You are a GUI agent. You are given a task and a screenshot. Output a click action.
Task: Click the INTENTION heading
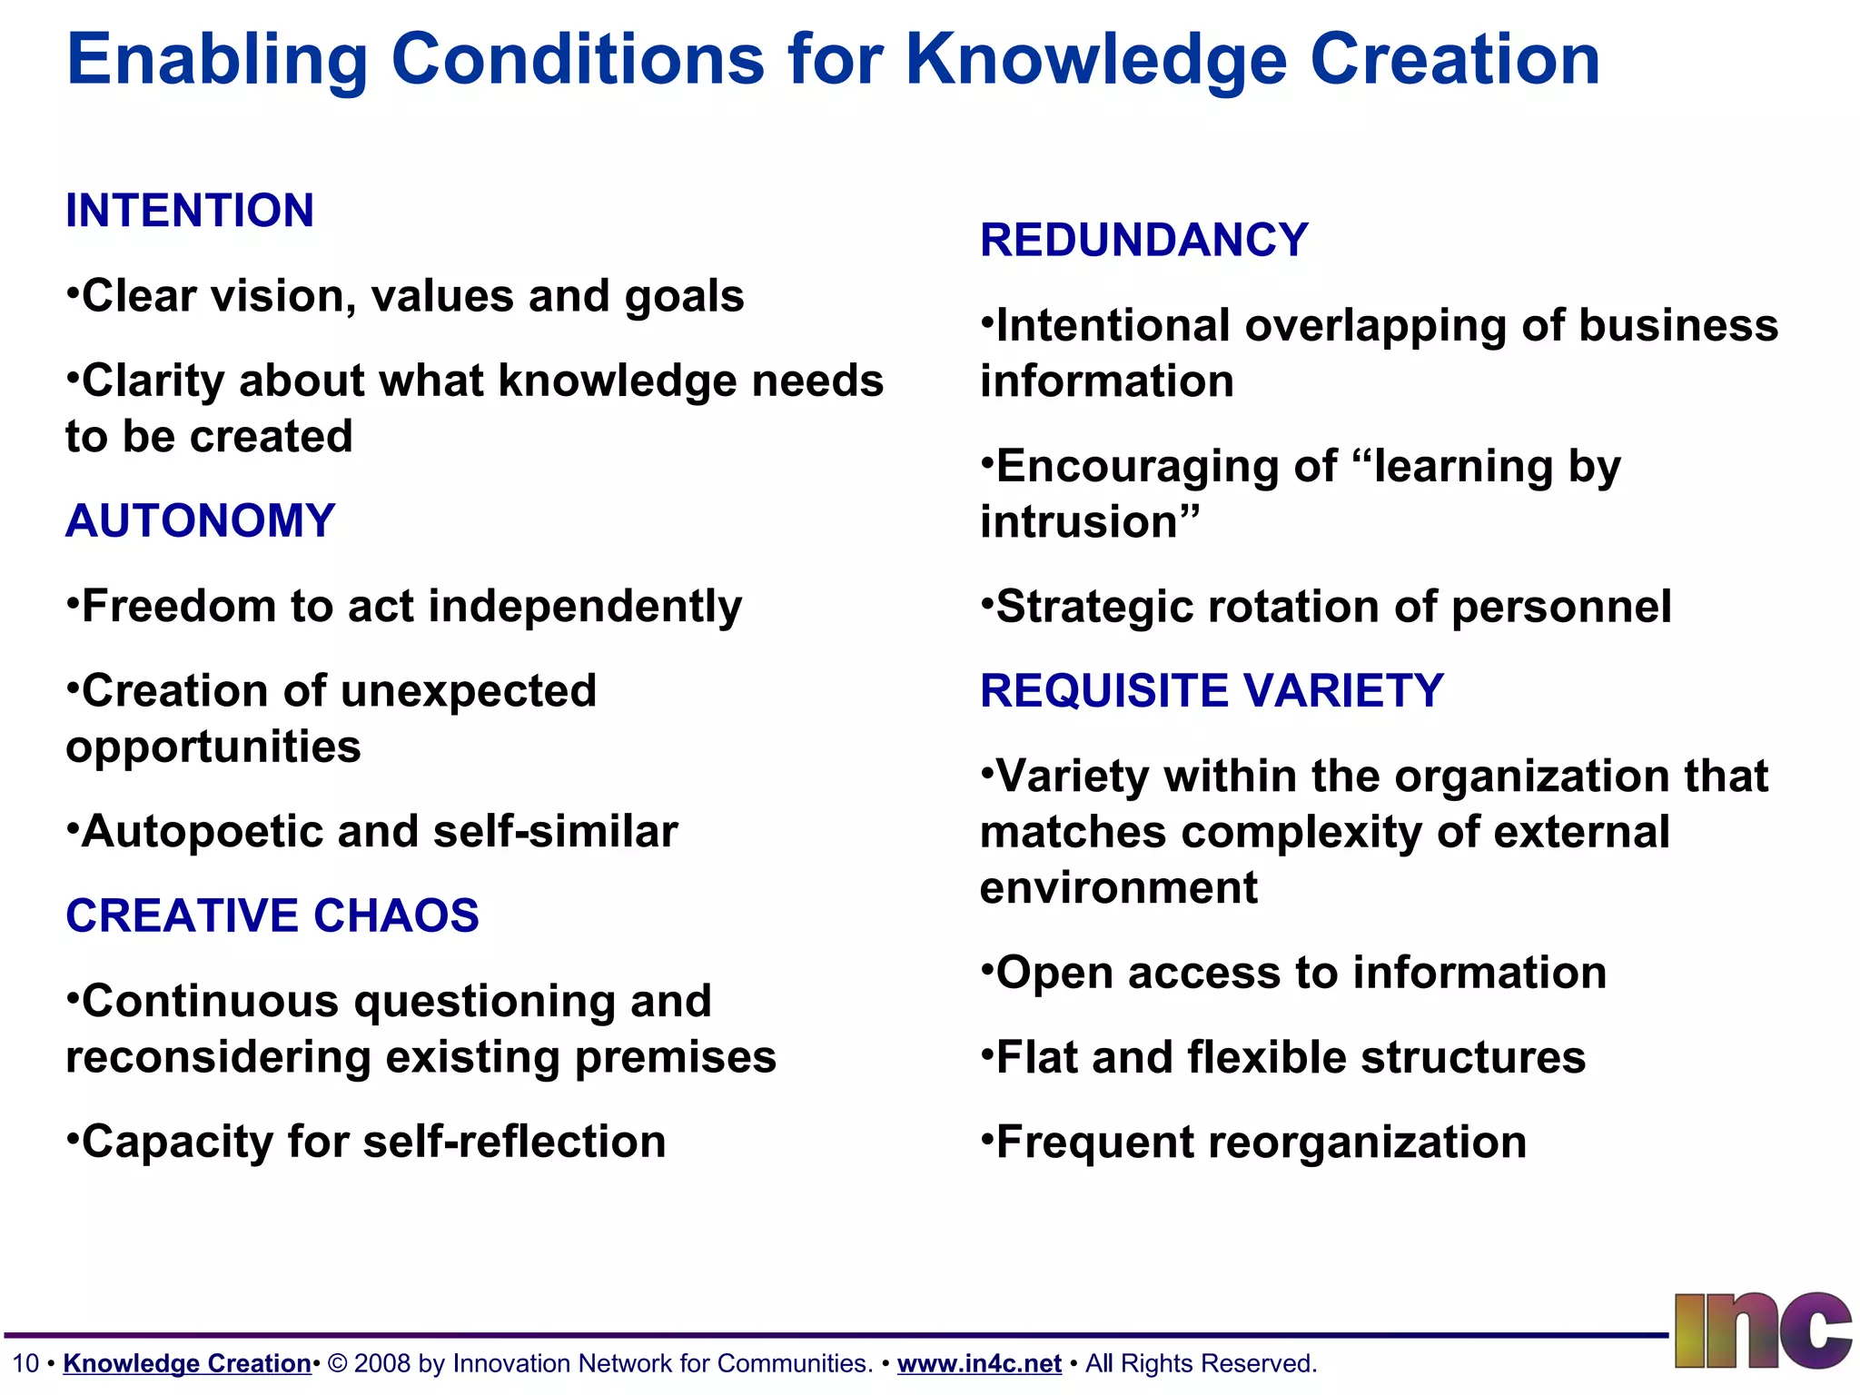(190, 211)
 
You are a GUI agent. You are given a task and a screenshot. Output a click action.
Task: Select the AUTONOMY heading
(201, 521)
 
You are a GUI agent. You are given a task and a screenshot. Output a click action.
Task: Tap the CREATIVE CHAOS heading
(272, 915)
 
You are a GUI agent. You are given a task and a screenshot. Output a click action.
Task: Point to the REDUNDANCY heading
(1143, 241)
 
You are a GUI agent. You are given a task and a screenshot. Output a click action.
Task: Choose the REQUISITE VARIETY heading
(1212, 691)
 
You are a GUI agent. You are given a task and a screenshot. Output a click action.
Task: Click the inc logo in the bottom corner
(1761, 1331)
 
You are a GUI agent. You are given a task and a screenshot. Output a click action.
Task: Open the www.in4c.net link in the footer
(979, 1363)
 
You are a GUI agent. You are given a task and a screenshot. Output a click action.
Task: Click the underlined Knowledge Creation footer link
(187, 1363)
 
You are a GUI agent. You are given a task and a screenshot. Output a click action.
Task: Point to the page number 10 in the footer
(25, 1363)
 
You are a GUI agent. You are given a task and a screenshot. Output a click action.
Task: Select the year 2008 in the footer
(382, 1363)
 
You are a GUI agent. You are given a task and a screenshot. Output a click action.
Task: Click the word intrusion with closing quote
(1089, 522)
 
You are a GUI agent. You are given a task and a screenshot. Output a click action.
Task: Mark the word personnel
(1561, 608)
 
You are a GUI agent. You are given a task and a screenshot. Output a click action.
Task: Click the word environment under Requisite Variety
(1119, 888)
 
